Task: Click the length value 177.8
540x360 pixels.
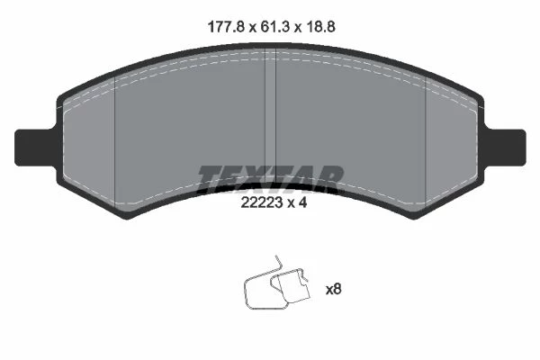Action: click(227, 26)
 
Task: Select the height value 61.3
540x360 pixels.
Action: click(275, 26)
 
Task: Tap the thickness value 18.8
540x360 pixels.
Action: click(320, 26)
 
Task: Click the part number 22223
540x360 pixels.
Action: click(261, 202)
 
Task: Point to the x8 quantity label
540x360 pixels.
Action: click(333, 289)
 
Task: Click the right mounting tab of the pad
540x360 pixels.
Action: click(505, 148)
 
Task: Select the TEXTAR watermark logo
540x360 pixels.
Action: click(271, 178)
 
